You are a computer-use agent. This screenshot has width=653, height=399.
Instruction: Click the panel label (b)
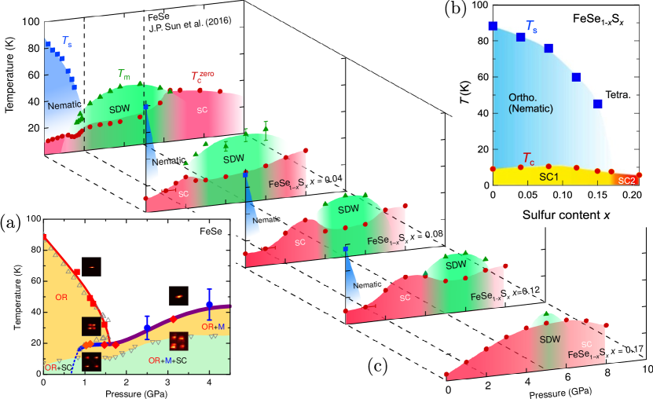[x=458, y=10]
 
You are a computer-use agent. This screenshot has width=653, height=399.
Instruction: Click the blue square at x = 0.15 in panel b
[x=598, y=104]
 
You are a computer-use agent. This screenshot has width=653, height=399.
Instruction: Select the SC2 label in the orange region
[x=628, y=181]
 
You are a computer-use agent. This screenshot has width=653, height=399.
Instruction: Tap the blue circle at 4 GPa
[x=209, y=305]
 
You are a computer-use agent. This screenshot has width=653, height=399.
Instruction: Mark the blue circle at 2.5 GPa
[x=147, y=328]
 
